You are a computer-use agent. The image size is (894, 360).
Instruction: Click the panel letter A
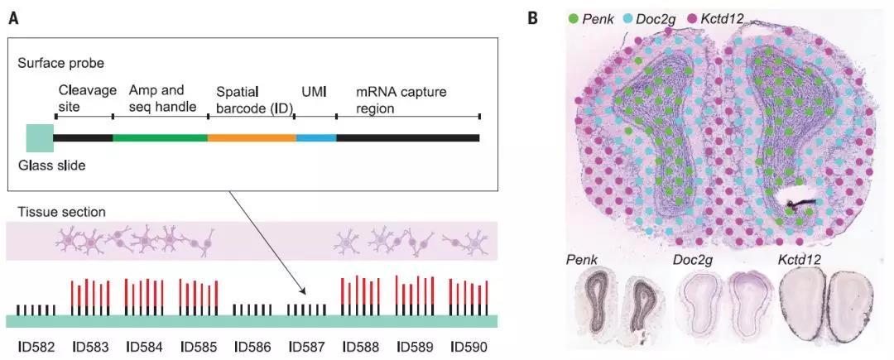coord(14,17)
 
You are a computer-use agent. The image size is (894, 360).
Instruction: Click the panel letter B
coord(535,17)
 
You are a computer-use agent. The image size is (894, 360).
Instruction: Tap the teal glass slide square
coord(40,137)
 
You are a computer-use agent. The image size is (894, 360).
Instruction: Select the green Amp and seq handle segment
coord(160,137)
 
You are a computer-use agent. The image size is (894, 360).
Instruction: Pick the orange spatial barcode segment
coord(252,137)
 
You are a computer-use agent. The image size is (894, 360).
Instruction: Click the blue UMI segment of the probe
coord(315,137)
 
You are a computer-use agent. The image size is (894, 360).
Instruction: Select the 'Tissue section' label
coord(57,211)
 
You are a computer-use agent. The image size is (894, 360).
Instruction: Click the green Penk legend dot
coord(574,17)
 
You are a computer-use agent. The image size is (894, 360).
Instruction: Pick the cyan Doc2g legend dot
coord(629,17)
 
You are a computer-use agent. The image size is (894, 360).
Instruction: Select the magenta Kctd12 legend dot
coord(692,17)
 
